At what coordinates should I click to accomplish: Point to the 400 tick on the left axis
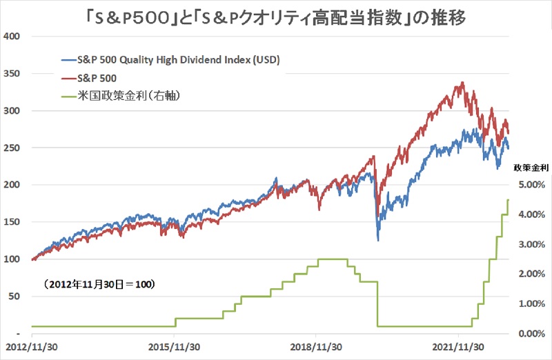(x=12, y=36)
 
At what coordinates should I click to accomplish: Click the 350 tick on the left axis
(x=12, y=73)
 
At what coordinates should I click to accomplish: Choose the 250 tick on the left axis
(x=12, y=148)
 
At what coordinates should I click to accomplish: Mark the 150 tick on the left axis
(x=12, y=222)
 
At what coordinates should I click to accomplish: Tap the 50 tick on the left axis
(x=14, y=297)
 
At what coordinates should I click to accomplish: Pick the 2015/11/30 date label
(x=175, y=347)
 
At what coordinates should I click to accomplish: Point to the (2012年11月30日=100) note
(x=97, y=283)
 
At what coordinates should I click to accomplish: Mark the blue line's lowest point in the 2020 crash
(x=377, y=240)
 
